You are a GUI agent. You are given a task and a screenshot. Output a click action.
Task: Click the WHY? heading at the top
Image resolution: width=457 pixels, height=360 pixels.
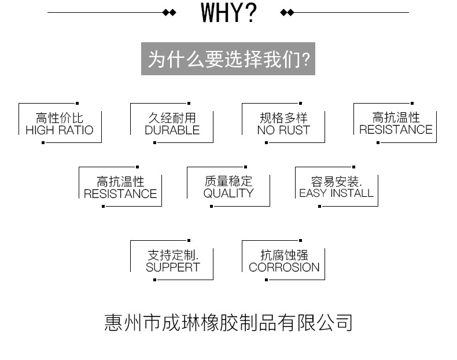[x=229, y=13]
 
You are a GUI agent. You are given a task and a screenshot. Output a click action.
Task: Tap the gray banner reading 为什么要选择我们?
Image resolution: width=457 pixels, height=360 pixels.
[x=228, y=58]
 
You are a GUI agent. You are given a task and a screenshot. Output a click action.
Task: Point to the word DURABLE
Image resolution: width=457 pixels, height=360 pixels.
[x=172, y=130]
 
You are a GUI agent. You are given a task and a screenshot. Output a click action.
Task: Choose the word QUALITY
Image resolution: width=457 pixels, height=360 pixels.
[x=228, y=193]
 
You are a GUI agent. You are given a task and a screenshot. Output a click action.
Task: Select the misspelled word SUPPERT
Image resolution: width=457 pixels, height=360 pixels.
[x=173, y=267]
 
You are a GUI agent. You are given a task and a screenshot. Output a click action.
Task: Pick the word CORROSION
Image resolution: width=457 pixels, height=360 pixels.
[x=284, y=267]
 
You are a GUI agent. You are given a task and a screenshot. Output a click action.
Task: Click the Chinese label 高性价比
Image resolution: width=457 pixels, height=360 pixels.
[x=60, y=118]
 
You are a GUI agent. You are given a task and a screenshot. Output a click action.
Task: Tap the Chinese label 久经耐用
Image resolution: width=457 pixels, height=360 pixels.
[x=172, y=118]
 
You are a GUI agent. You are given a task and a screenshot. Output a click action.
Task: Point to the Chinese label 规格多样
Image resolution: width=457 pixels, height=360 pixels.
[x=283, y=118]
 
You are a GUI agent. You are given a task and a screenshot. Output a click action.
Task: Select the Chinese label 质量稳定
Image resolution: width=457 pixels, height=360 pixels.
[x=228, y=181]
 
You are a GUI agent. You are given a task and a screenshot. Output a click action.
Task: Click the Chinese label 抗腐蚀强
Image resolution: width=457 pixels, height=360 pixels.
[x=284, y=255]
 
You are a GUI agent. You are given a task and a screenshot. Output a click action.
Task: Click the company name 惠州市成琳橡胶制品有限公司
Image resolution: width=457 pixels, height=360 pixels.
[x=228, y=323]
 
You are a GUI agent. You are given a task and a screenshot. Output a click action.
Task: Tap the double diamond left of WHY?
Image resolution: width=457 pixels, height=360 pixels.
[x=169, y=13]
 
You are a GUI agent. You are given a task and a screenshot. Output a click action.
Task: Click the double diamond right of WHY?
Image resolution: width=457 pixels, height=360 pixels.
[x=287, y=13]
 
